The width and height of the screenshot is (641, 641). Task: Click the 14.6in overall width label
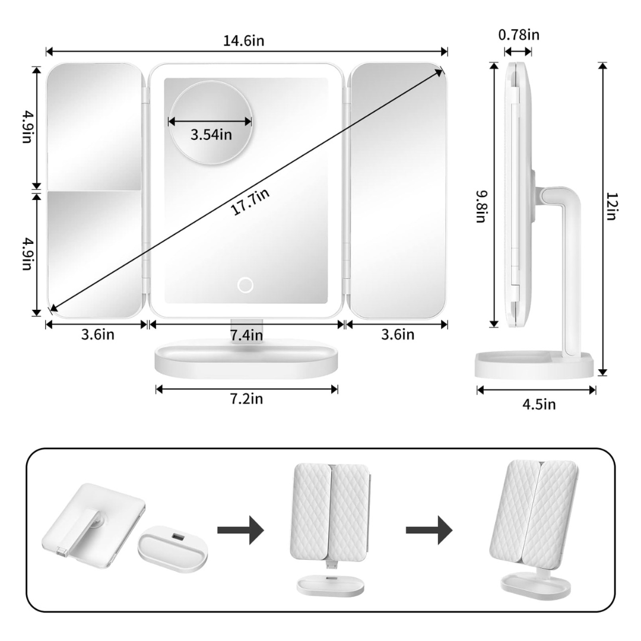[244, 41]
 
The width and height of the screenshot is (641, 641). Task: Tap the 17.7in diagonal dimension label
[250, 202]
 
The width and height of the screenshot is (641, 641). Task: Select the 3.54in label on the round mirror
[211, 135]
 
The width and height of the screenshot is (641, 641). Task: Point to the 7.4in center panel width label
[246, 335]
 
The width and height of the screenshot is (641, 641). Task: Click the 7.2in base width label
[246, 399]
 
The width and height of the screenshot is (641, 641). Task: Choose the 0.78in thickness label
[519, 35]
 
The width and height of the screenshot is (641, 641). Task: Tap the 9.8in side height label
[481, 207]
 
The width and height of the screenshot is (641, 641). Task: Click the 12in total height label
[611, 207]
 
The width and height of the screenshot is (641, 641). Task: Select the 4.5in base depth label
[539, 404]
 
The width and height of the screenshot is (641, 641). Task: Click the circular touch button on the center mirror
[245, 285]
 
